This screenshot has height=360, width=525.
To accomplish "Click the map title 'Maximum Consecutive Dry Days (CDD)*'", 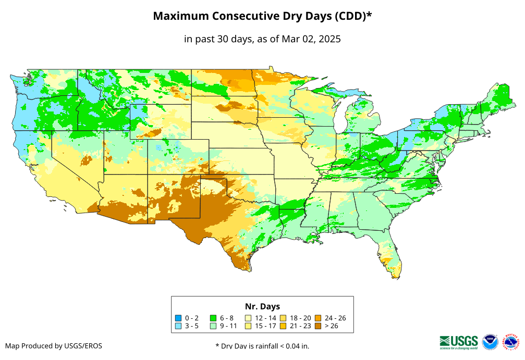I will (262, 16).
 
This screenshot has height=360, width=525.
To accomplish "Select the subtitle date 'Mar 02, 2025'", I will (311, 39).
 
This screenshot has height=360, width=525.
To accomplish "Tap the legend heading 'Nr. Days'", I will (262, 306).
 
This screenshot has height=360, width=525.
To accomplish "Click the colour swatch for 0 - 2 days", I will (178, 318).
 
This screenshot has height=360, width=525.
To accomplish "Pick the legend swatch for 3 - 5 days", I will (178, 326).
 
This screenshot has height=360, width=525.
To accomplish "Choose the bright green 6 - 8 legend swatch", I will (213, 318).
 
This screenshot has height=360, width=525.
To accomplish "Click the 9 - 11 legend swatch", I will (213, 326).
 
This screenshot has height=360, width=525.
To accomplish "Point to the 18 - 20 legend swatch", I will (283, 318).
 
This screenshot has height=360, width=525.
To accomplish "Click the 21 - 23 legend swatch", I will (283, 326).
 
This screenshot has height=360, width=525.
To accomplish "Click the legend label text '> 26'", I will (332, 326).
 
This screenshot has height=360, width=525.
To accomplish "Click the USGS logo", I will (459, 341).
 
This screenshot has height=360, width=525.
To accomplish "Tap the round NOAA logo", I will (490, 342).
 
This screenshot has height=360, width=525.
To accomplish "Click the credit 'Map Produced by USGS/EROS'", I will (54, 346).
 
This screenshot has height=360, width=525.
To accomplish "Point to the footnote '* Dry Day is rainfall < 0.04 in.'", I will (262, 346).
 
